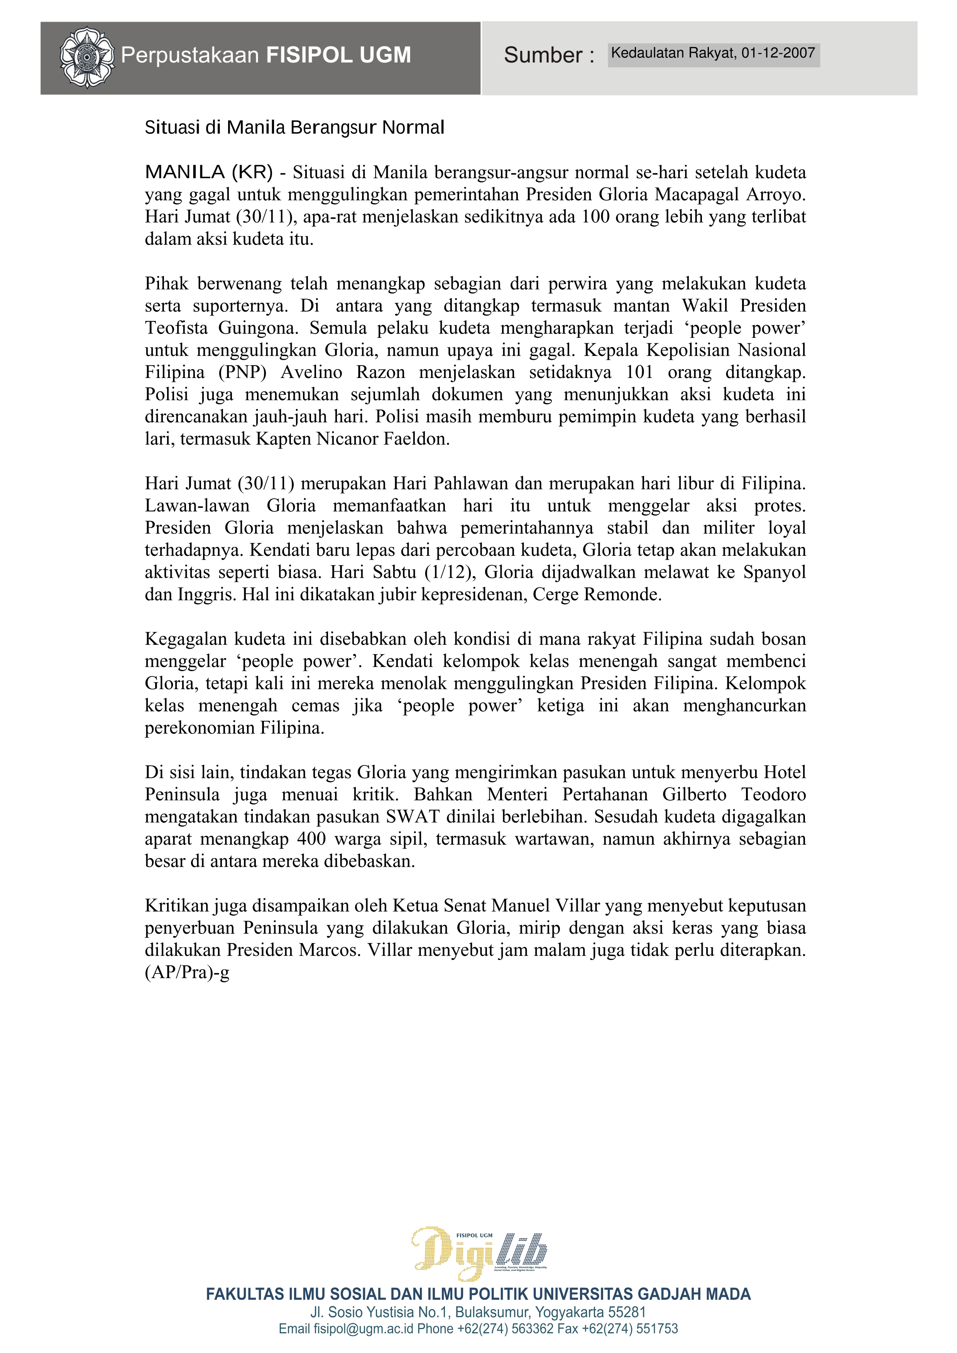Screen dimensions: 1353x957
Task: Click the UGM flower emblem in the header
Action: pos(87,57)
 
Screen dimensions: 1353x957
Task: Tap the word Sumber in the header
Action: pos(543,56)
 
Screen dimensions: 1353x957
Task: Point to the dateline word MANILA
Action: pos(184,173)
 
